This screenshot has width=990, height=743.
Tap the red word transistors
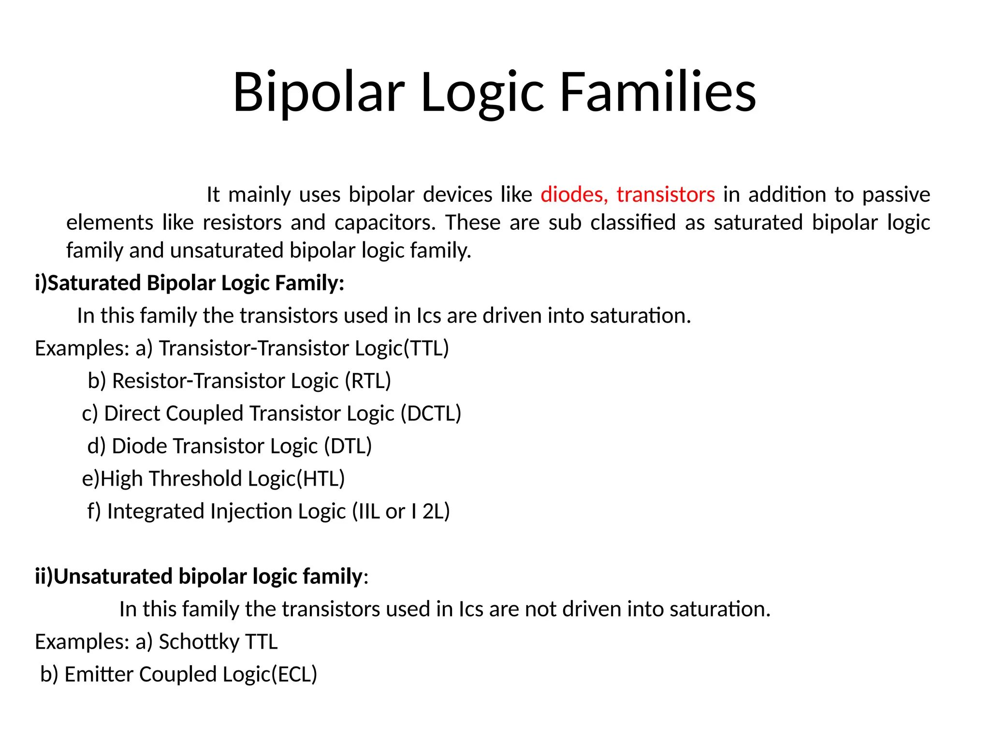click(x=666, y=194)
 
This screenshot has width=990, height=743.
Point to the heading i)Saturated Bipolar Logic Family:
click(x=189, y=283)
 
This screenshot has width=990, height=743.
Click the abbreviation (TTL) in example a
click(x=426, y=348)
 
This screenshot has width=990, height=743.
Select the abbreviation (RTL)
click(x=368, y=381)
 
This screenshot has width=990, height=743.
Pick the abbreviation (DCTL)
click(x=431, y=414)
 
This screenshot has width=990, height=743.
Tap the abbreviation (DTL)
click(x=348, y=446)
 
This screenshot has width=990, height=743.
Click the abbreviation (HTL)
click(x=320, y=479)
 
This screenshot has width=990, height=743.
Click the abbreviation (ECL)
click(x=294, y=674)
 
